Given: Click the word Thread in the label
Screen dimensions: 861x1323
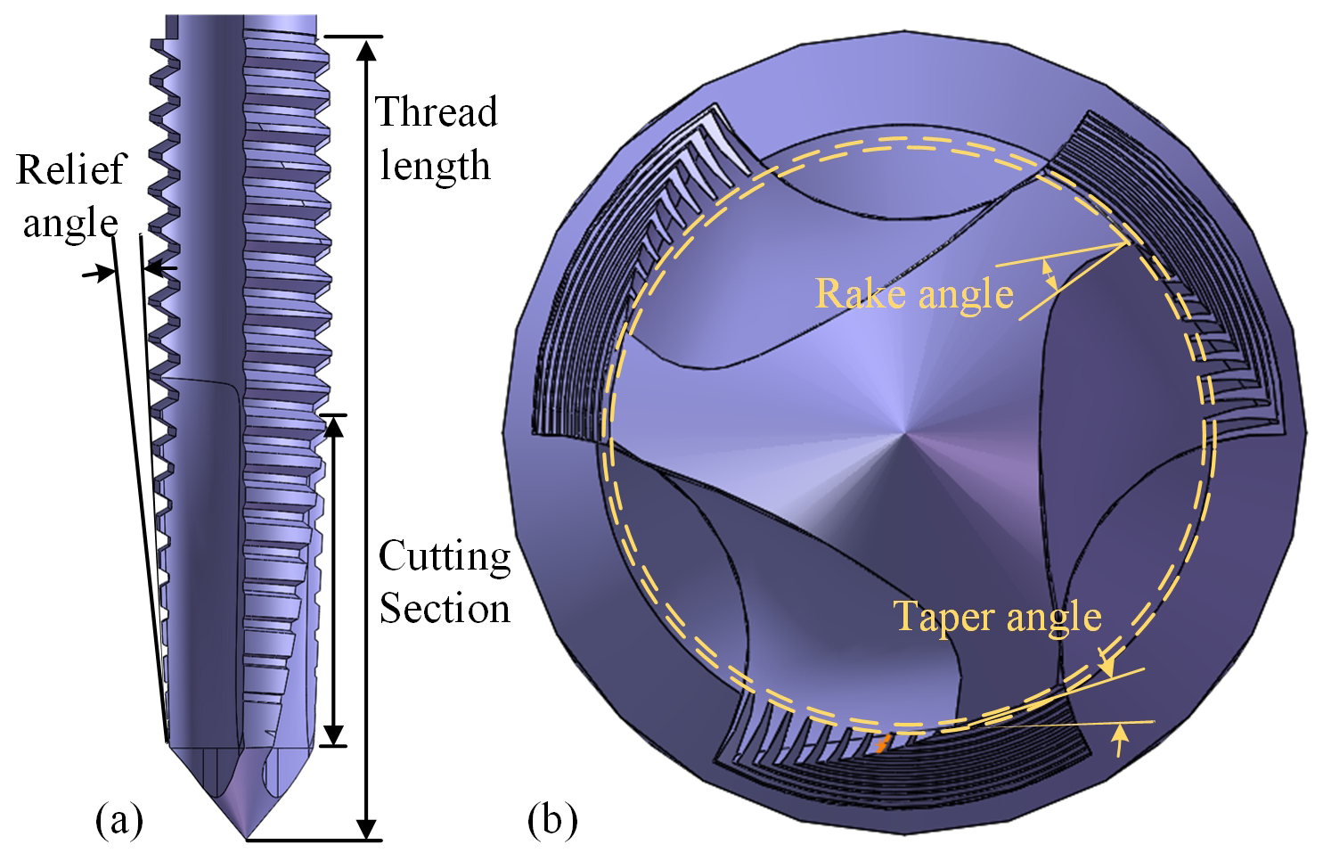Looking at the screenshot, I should pyautogui.click(x=436, y=113).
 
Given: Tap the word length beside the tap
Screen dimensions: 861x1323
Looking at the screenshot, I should pyautogui.click(x=436, y=166).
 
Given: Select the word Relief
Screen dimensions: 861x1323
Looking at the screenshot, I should pyautogui.click(x=71, y=169).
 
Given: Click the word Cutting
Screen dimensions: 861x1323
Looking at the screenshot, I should pyautogui.click(x=445, y=557).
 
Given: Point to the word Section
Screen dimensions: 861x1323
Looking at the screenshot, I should pyautogui.click(x=445, y=610).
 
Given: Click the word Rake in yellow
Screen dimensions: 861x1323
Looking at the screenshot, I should pyautogui.click(x=852, y=293).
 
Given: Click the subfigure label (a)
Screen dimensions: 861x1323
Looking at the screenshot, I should pyautogui.click(x=119, y=819).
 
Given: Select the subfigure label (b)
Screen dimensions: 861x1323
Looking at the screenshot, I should pyautogui.click(x=552, y=819).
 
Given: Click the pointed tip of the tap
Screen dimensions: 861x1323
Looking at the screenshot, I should pyautogui.click(x=247, y=837).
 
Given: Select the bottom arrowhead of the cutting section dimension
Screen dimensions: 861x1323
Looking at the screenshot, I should pyautogui.click(x=333, y=734).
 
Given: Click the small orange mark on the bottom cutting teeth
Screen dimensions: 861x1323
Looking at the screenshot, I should pyautogui.click(x=881, y=743).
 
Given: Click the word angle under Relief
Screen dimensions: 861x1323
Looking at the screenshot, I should pyautogui.click(x=70, y=223).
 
